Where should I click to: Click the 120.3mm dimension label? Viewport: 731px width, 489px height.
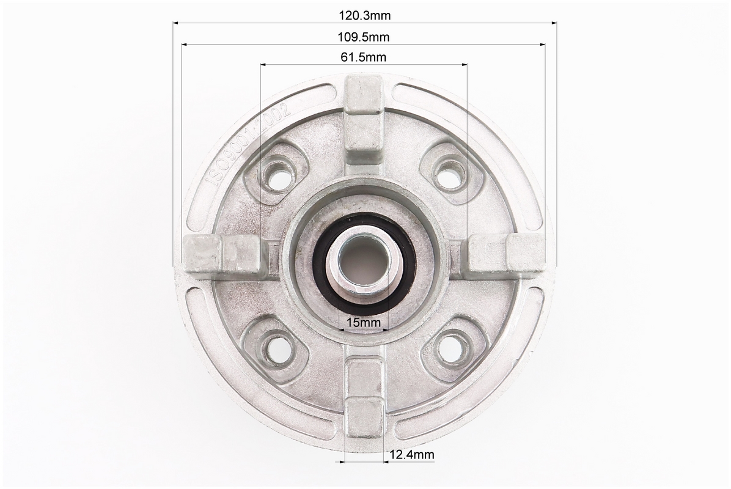[364, 15]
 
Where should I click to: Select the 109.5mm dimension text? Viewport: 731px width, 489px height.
[364, 37]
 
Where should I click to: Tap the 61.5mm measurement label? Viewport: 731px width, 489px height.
[364, 57]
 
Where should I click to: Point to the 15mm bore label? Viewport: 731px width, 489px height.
[364, 322]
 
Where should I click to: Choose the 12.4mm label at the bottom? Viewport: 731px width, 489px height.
[412, 454]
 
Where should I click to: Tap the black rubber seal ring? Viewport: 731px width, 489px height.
[364, 264]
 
